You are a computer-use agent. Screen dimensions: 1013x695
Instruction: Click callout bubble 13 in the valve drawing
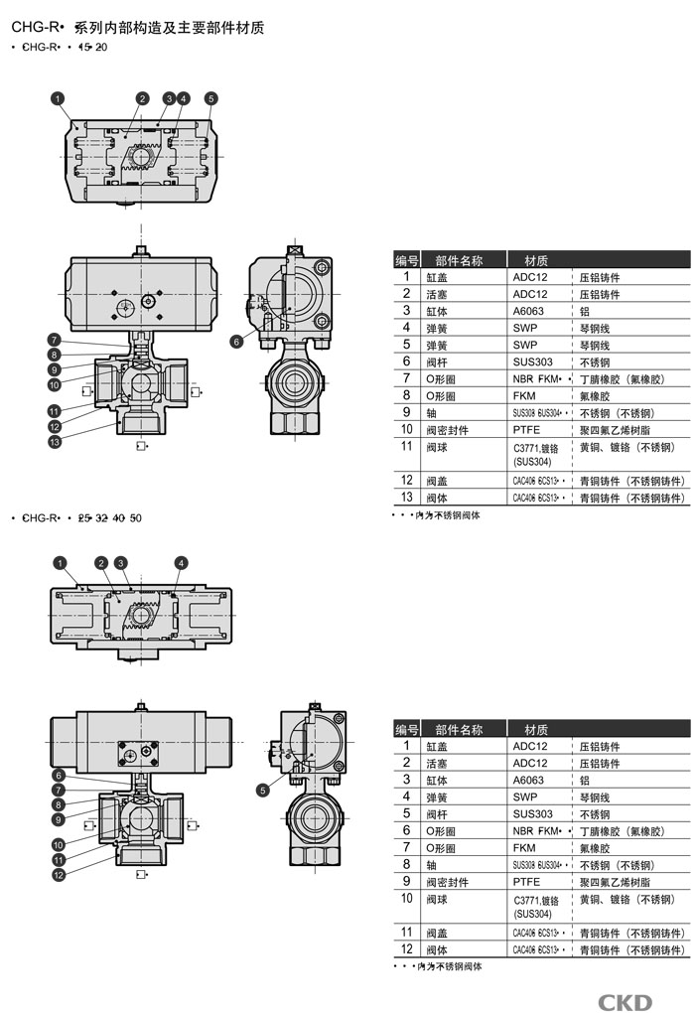pos(55,441)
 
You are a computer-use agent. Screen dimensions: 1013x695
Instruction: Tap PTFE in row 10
pos(527,430)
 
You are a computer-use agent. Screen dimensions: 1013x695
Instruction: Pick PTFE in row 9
pos(527,881)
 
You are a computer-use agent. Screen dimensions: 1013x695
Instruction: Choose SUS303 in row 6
pos(532,362)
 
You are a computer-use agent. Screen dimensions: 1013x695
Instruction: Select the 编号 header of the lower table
pos(406,730)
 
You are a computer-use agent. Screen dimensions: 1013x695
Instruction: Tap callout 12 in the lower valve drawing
pos(59,875)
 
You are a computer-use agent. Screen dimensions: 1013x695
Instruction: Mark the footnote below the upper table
pos(437,515)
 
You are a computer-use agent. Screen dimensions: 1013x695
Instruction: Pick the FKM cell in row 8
pos(526,395)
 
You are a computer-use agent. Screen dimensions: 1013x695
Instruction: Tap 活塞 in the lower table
pos(438,763)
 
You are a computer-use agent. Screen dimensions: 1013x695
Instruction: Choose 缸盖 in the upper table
pos(438,277)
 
